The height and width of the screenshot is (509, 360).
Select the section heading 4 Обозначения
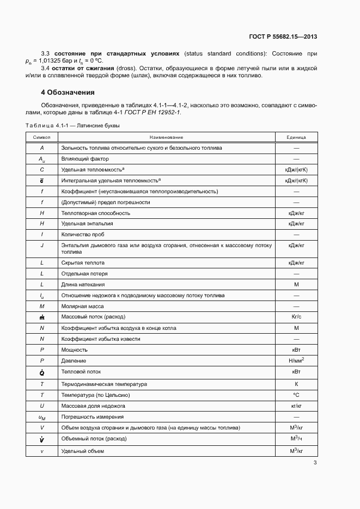pos(64,92)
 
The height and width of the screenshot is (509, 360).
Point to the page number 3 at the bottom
pos(315,463)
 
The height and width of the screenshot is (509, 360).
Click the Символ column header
pos(42,137)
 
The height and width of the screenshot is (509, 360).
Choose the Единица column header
pos(296,137)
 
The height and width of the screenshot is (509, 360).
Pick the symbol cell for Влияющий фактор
pos(42,159)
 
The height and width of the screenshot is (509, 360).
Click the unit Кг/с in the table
pos(296,317)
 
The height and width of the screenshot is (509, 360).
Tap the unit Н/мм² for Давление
pos(296,360)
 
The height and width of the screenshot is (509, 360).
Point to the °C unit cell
pos(296,395)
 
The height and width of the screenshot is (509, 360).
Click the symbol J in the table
pos(42,246)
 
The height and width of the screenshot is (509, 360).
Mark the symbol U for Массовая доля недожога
pos(42,406)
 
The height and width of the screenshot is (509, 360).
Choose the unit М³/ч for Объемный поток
pos(296,439)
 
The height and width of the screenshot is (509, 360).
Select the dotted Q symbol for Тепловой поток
pos(42,372)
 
